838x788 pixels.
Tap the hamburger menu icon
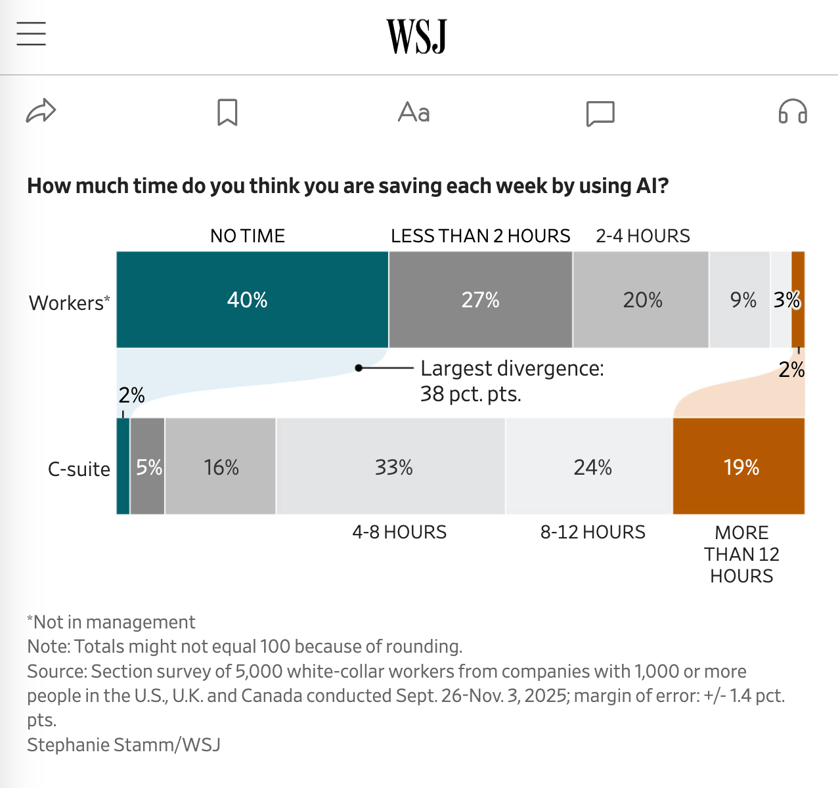coord(31,33)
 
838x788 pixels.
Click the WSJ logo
coord(416,36)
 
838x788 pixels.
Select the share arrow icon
coord(41,112)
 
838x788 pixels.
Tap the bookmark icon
coord(227,112)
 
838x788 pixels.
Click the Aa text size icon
coord(414,112)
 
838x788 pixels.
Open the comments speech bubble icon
coord(600,113)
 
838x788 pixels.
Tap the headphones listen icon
coord(792,112)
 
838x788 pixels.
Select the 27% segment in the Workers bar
coord(480,299)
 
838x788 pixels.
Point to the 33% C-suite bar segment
coord(391,466)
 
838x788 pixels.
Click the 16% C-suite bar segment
coord(221,466)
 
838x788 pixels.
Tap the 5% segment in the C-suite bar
coord(148,466)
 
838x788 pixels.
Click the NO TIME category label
coord(248,236)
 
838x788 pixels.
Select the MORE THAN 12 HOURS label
coord(741,554)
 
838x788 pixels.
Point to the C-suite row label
coord(79,469)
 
